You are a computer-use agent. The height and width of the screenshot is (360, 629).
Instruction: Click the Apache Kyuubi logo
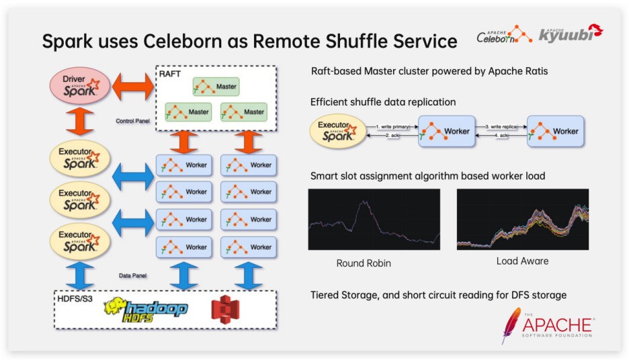tap(571, 33)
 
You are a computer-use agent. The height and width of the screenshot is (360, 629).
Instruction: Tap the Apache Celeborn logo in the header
tap(505, 34)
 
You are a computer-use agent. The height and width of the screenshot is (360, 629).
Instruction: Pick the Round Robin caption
tap(363, 263)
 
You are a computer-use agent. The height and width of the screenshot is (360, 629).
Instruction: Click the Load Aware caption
tap(522, 261)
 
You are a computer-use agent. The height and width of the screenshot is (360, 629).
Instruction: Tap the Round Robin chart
tap(374, 220)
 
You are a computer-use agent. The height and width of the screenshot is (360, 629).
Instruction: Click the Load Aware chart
tap(522, 220)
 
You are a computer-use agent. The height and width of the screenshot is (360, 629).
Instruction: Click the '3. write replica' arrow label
tap(501, 126)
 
